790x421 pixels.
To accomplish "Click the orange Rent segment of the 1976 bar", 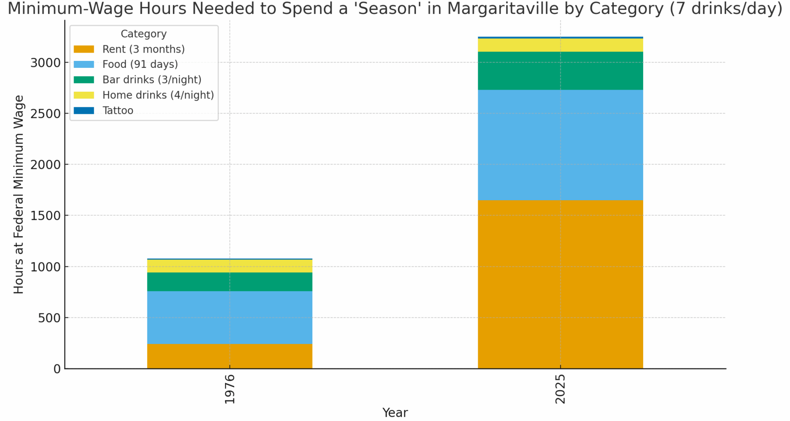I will click(230, 356).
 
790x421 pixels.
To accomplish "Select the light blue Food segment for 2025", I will click(560, 145).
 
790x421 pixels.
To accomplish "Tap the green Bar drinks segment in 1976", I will click(230, 282).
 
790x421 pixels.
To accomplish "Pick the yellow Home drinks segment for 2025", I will click(560, 45).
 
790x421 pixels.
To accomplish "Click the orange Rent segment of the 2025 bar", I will click(560, 284).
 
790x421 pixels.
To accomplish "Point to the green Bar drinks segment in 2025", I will click(560, 71).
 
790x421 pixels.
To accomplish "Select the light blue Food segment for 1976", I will click(230, 317).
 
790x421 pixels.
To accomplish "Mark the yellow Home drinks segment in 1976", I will click(230, 266).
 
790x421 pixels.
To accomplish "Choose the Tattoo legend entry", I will click(118, 111).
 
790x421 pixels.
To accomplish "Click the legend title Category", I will click(143, 34).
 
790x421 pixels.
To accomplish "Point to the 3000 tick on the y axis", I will click(45, 63).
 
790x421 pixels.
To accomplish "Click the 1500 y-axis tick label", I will click(45, 216).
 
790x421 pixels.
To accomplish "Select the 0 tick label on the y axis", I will click(57, 369).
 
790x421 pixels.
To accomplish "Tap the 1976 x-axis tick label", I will click(230, 389).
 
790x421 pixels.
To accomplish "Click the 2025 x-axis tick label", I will click(560, 389).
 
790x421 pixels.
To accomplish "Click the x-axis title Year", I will click(395, 412).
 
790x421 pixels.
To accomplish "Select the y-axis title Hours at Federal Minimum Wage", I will click(19, 194).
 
